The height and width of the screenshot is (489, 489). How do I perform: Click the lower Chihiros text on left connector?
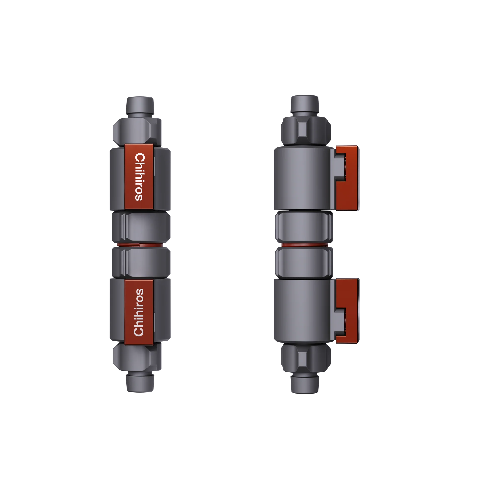(139, 312)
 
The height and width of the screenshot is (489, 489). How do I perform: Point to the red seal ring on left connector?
(141, 245)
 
